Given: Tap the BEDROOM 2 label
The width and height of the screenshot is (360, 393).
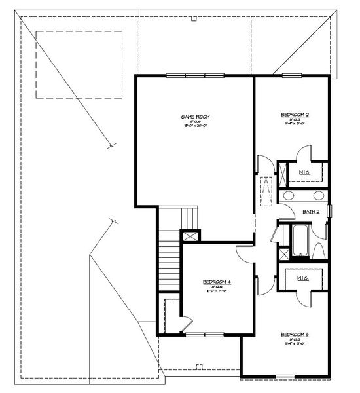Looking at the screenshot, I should point(295,115).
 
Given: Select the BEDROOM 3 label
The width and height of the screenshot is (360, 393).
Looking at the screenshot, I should point(295,334).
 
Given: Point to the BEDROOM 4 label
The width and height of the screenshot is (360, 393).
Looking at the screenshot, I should point(217,281).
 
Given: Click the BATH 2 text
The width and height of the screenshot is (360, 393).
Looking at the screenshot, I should point(312,212).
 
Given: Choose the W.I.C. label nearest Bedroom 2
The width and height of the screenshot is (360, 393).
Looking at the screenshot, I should point(304,172).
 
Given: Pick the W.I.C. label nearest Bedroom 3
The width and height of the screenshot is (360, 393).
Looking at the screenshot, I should point(303,278).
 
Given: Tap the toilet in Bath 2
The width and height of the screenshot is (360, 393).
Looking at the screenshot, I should point(319,251).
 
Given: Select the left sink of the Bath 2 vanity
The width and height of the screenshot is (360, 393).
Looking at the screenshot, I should point(289,195).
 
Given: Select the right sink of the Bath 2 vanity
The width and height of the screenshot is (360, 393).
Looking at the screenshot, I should point(318,195).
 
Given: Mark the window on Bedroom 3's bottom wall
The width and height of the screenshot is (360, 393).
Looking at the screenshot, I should point(285,376).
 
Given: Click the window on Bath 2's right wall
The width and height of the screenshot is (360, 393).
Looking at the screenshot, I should point(329,211).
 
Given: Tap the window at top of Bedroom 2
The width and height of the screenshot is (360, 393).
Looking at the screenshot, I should point(292,75).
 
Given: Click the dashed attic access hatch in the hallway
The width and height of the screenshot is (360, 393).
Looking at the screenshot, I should point(265,191).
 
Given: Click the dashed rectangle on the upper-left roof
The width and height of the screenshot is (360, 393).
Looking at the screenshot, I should point(80,64).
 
